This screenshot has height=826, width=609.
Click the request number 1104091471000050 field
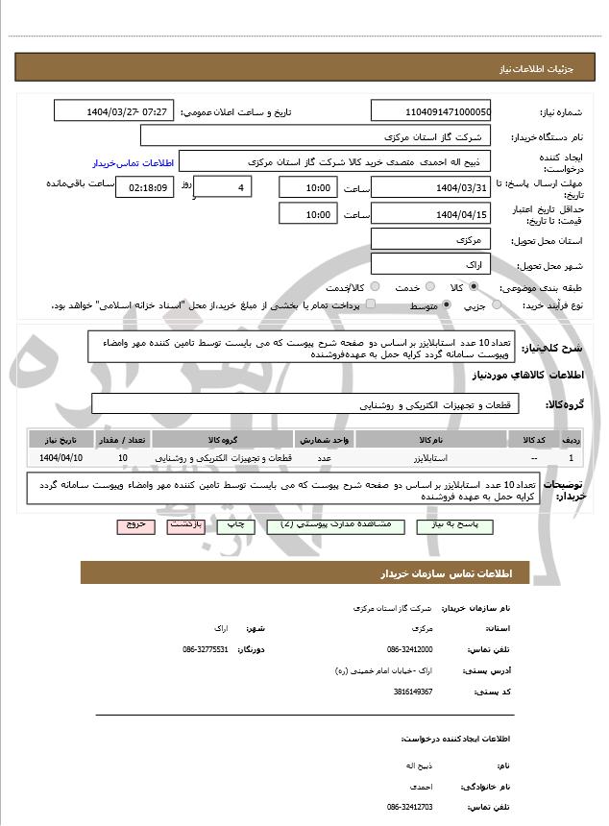429,111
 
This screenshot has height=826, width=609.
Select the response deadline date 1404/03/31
429,187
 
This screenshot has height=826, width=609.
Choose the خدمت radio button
428,287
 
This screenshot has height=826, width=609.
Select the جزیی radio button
497,305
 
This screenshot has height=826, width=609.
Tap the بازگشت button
185,526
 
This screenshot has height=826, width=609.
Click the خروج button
134,526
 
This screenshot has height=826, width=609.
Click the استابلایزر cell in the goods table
428,458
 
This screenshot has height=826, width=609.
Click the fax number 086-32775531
206,649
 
